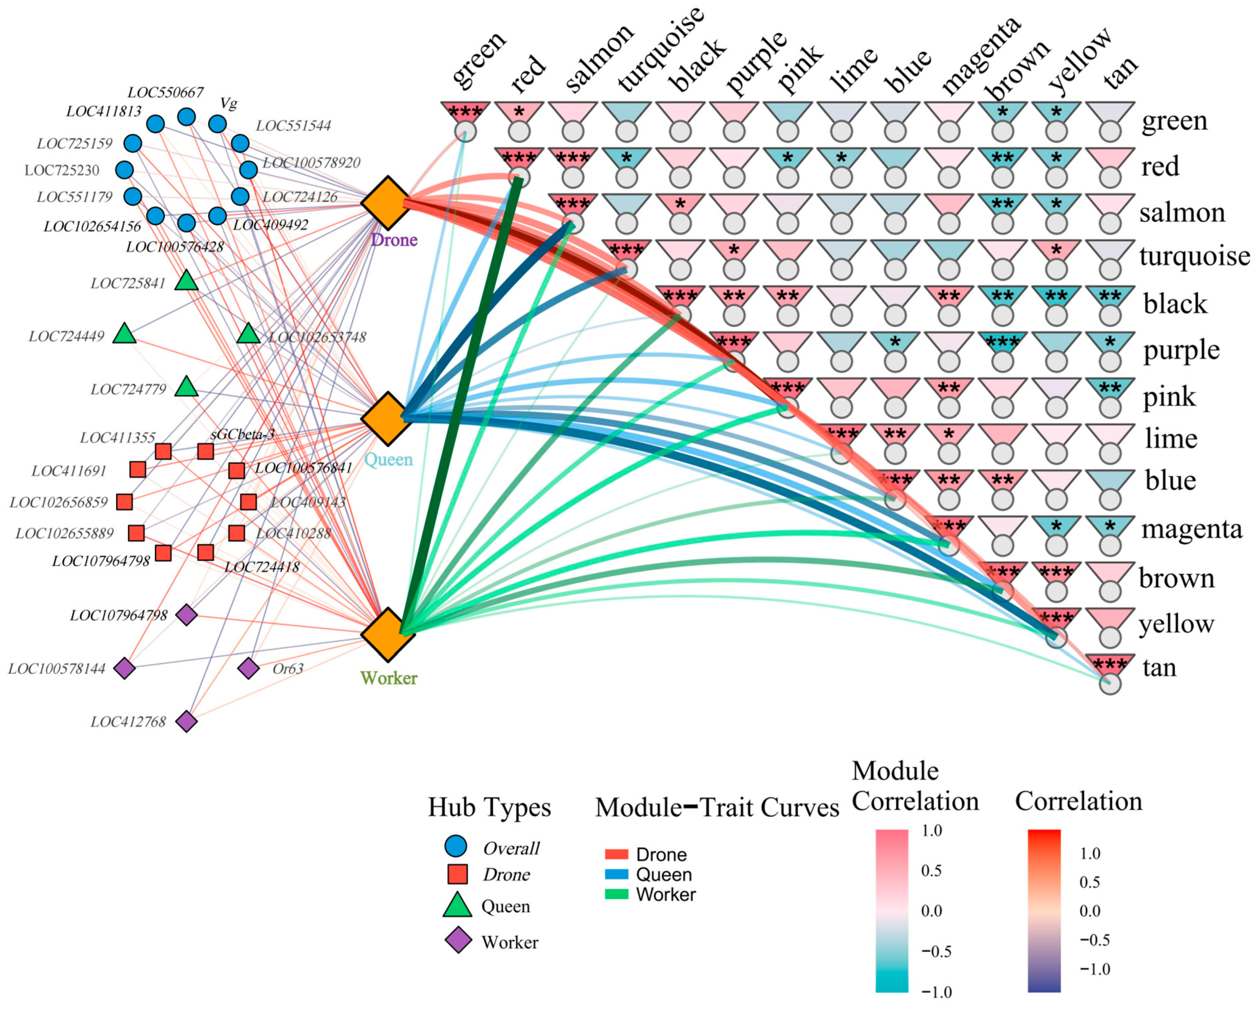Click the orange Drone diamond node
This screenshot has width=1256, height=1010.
tap(387, 203)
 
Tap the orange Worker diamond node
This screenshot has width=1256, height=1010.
tap(387, 634)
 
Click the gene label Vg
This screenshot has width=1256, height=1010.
tap(228, 104)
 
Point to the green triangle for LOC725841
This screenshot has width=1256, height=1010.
tap(187, 281)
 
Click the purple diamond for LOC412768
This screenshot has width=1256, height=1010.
tap(187, 721)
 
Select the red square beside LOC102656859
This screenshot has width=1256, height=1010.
tap(124, 502)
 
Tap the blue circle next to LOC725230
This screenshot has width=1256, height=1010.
tap(124, 170)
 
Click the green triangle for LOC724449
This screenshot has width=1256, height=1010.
tap(124, 334)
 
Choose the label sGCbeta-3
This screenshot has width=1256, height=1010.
tap(243, 434)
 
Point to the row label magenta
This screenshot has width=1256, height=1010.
tap(1191, 529)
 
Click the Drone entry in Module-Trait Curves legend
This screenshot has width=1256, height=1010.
tap(661, 854)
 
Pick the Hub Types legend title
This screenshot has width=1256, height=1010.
tap(489, 807)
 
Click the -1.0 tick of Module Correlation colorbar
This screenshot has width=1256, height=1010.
tap(937, 992)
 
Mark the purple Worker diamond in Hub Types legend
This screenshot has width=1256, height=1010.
tap(458, 940)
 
